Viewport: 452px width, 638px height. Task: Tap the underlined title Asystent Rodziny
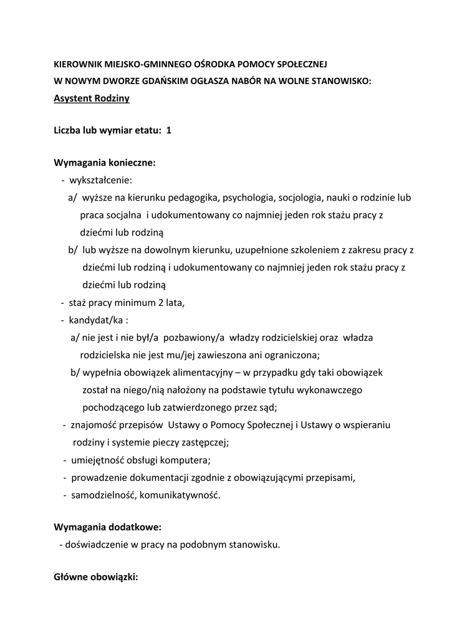[92, 98]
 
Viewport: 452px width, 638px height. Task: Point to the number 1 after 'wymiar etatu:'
[168, 131]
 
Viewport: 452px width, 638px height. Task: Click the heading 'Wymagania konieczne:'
[105, 163]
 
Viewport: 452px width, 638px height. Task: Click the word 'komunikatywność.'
[180, 495]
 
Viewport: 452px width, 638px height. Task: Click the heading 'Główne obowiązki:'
[96, 577]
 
